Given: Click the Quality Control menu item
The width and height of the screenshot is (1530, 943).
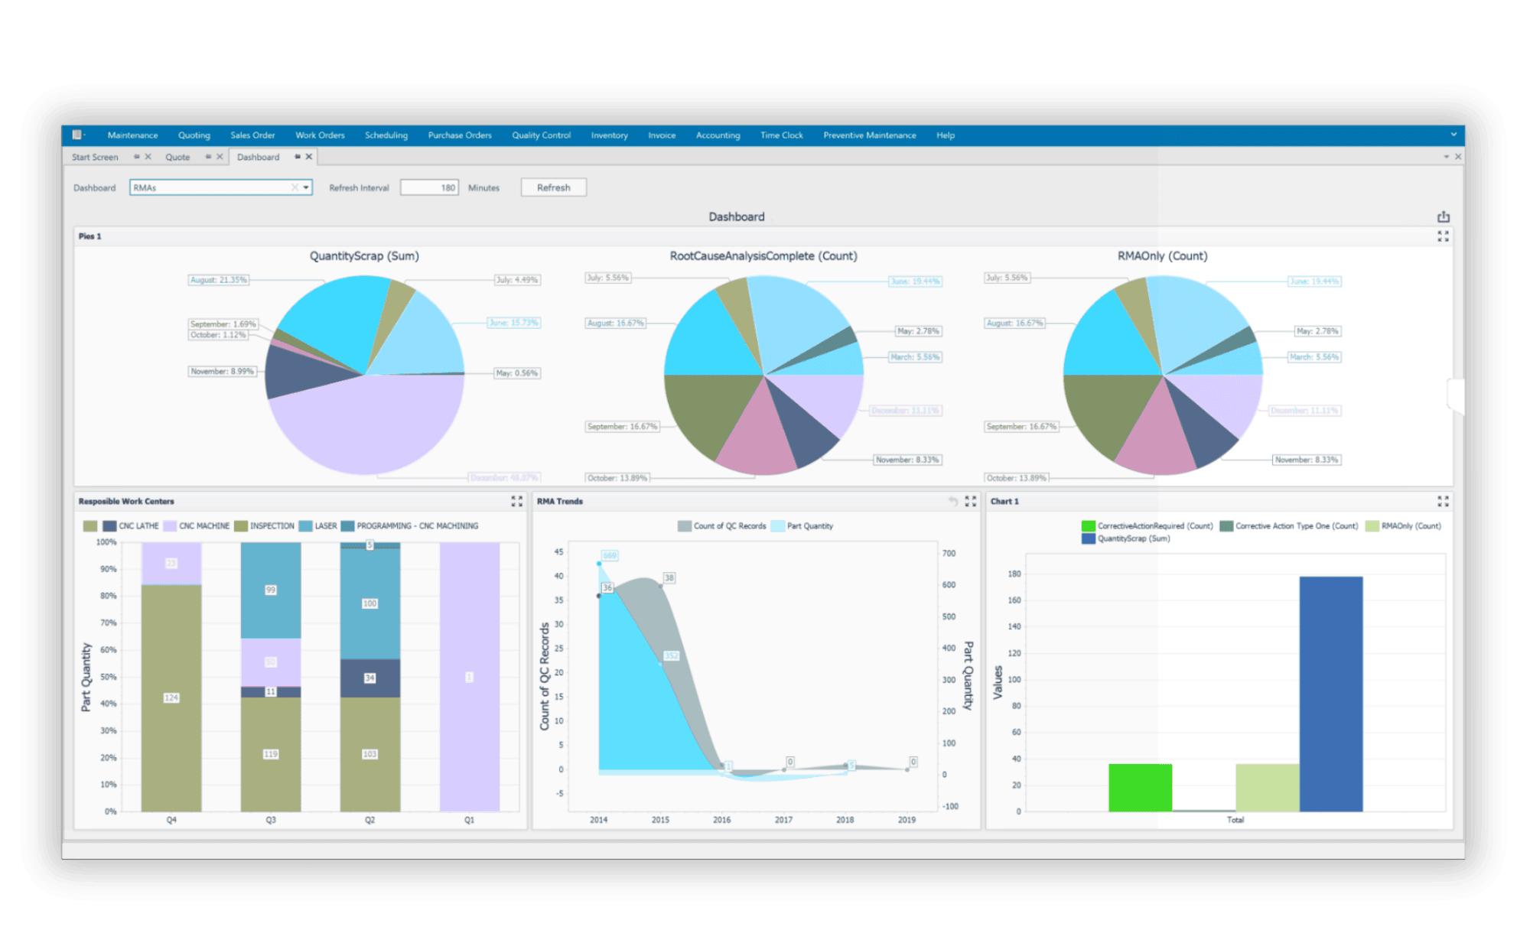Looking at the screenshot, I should tap(541, 135).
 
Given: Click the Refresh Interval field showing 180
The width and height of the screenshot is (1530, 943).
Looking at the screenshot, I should tap(429, 187).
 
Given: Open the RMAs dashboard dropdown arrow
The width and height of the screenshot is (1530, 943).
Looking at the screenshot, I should tap(306, 187).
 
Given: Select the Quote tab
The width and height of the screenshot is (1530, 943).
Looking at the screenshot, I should tap(177, 157).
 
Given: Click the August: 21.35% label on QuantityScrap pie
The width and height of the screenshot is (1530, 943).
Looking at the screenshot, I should tap(219, 280).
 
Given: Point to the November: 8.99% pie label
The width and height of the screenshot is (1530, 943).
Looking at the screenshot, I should tap(222, 371).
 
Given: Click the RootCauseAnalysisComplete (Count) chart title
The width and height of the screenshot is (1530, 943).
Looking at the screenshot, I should tap(763, 256).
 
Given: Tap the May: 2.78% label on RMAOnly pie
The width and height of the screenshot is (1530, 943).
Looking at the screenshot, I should tap(1317, 331).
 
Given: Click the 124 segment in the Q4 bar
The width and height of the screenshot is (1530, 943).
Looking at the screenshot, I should tap(171, 697).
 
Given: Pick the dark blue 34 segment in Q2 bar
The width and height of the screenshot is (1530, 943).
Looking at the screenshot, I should tap(369, 678).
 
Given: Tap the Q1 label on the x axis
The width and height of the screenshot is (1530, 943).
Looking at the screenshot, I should tap(469, 820).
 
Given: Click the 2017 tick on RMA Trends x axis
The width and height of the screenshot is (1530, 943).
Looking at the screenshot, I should tap(783, 820).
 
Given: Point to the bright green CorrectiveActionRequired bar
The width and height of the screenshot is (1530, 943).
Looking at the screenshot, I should tap(1140, 787).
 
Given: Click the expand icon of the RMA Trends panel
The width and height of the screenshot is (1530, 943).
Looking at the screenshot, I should tap(971, 502).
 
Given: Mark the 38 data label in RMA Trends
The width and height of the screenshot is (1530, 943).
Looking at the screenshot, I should tap(669, 577).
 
